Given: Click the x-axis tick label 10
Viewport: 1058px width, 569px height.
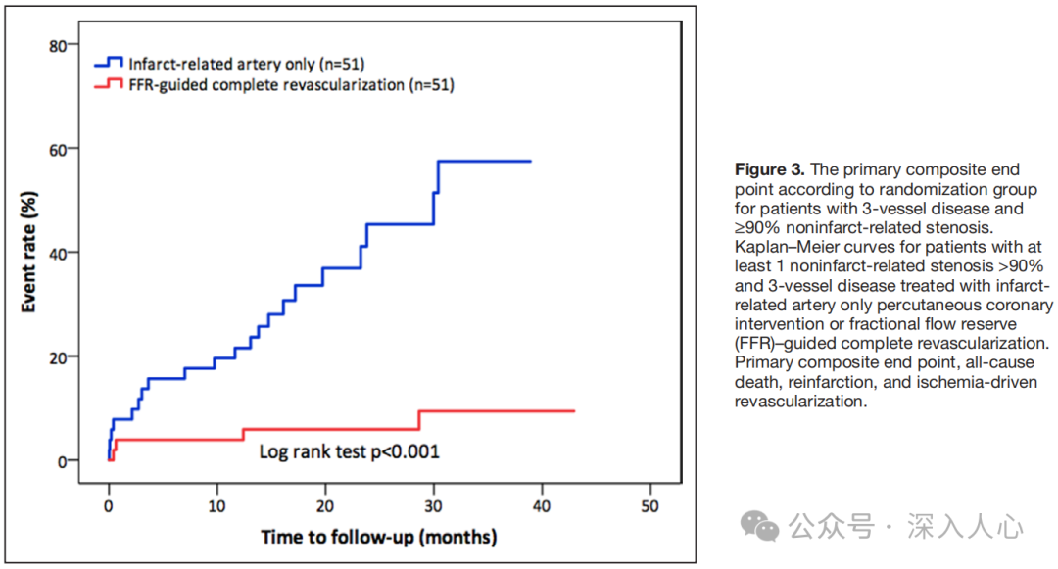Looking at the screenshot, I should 216,506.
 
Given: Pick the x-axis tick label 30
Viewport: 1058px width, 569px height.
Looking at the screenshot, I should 433,506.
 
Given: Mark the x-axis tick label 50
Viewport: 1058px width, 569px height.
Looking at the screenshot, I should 649,506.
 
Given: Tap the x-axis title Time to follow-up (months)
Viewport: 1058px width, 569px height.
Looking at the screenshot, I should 378,538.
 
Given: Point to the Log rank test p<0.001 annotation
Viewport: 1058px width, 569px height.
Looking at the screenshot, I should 349,451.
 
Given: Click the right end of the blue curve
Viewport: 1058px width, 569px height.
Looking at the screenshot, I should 530,162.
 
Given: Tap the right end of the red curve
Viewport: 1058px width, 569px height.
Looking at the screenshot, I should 573,411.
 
